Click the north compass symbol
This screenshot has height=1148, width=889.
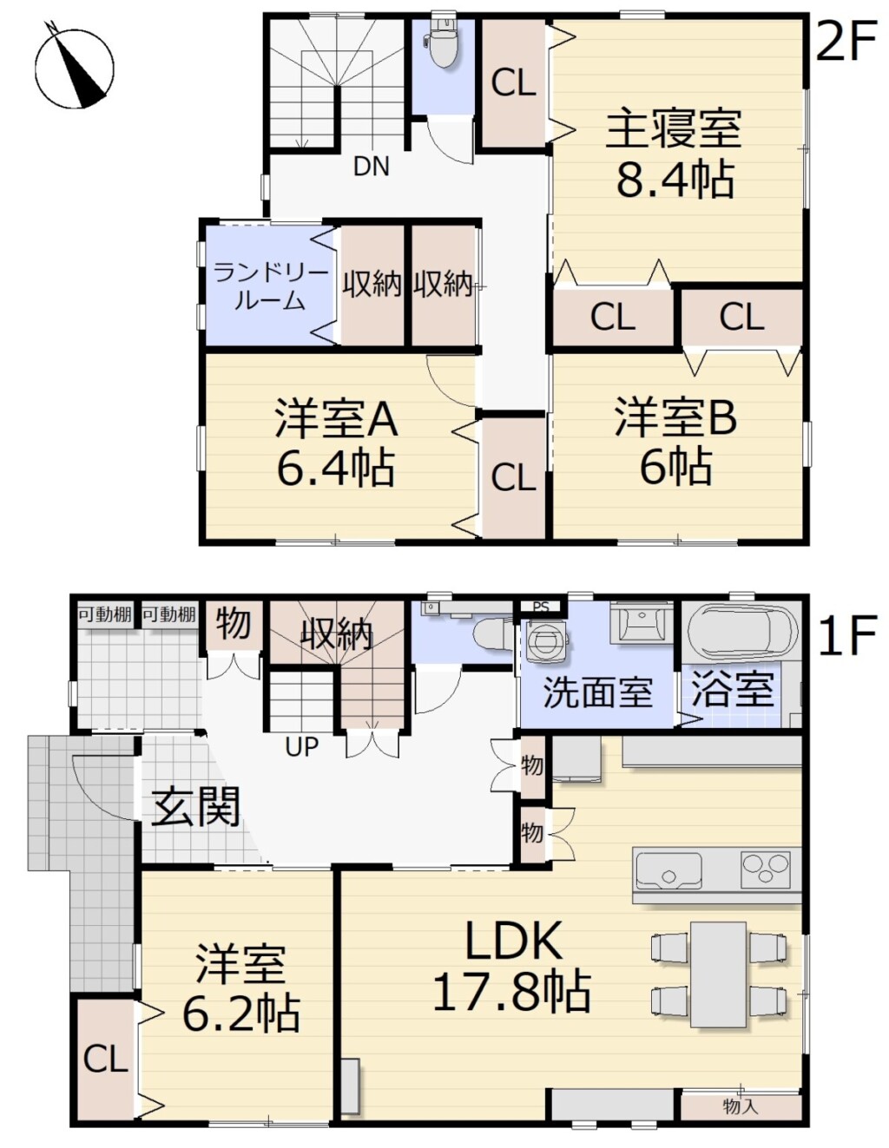pos(75,68)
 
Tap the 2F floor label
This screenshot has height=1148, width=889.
pos(845,40)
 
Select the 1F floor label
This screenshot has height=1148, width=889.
pos(847,634)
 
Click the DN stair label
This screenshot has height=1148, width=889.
pos(371,167)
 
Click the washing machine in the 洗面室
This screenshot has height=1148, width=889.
pos(546,640)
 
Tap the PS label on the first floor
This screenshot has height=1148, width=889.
pos(541,607)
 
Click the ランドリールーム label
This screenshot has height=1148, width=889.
pos(270,287)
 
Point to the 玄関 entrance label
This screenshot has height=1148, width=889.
pos(195,806)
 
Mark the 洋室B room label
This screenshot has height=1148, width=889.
pos(675,418)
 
